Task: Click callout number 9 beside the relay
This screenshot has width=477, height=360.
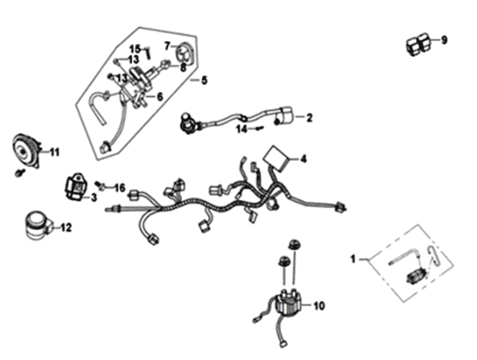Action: (444, 39)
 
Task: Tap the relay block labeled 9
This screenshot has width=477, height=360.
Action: (417, 44)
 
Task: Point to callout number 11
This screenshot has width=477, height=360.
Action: (54, 153)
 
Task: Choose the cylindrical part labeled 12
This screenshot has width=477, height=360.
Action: (36, 223)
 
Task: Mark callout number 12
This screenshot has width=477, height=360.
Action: (66, 228)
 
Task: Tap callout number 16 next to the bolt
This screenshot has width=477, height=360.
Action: (119, 188)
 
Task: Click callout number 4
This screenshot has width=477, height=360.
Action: (304, 159)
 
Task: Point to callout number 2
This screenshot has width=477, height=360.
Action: (309, 118)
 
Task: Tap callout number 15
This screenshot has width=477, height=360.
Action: (134, 50)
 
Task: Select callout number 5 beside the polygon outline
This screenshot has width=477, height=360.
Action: (204, 80)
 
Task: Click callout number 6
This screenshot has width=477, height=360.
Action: (160, 97)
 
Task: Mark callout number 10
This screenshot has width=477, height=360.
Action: (319, 306)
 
